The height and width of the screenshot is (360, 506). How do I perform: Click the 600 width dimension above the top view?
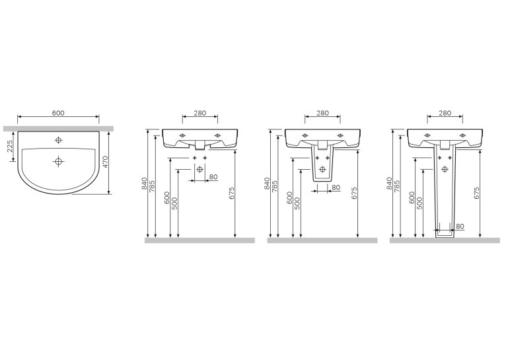pos(58,113)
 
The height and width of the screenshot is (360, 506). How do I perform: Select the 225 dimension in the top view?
pos(10,146)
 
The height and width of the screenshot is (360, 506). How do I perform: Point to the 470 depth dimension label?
pos(105,162)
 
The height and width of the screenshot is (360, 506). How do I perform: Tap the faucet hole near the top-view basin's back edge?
pos(58,140)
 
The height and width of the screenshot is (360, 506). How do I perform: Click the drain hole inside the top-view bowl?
pos(58,161)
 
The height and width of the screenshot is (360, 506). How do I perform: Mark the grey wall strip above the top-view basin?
pos(58,129)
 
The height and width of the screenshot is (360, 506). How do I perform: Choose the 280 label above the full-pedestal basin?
pos(445,113)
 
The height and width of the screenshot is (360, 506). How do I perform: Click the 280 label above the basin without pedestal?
pos(200,113)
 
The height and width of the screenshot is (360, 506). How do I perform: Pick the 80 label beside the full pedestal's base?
pos(460,227)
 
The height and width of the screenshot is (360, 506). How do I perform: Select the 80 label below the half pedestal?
pos(336,188)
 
